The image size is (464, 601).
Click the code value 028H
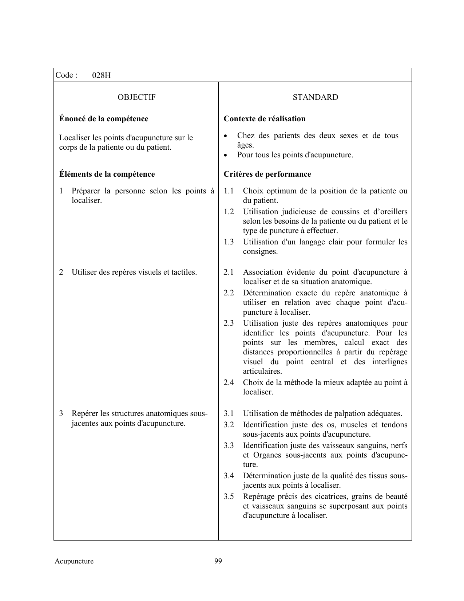pyautogui.click(x=101, y=76)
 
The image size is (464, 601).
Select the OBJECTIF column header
pyautogui.click(x=136, y=97)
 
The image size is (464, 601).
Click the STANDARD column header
pyautogui.click(x=315, y=97)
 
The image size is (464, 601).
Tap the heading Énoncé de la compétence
pyautogui.click(x=104, y=119)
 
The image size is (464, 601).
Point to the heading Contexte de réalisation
pyautogui.click(x=265, y=119)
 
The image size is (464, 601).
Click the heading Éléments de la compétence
pyautogui.click(x=107, y=174)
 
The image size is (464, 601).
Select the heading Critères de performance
pyautogui.click(x=267, y=174)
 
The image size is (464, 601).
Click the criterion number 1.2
pyautogui.click(x=229, y=212)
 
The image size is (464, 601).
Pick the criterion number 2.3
pyautogui.click(x=229, y=323)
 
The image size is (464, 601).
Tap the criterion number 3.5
pyautogui.click(x=229, y=496)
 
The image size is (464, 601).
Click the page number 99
pyautogui.click(x=218, y=561)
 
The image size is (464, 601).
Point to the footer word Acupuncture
pyautogui.click(x=74, y=561)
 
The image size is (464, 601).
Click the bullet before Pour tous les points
pyautogui.click(x=226, y=155)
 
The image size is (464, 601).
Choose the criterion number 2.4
pyautogui.click(x=229, y=382)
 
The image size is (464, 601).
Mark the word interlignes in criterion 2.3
pyautogui.click(x=390, y=362)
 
